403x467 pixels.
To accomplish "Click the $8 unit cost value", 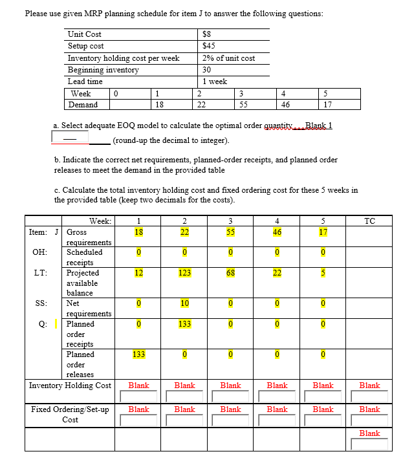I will [207, 34].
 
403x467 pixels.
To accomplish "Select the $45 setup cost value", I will [208, 46].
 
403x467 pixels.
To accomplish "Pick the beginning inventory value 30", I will [207, 70].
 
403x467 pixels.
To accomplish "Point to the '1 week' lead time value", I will [214, 81].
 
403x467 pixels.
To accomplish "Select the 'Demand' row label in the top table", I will [83, 105].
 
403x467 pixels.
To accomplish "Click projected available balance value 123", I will [184, 273].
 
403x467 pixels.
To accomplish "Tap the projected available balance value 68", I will [230, 273].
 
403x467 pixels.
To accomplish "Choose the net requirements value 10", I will [184, 303].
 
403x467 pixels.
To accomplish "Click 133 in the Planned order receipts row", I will [184, 323].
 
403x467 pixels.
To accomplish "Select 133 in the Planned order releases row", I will [138, 354].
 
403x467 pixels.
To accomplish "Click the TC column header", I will [369, 221].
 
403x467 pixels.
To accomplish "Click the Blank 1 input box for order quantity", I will [66, 138].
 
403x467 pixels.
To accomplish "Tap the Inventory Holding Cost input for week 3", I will [230, 395].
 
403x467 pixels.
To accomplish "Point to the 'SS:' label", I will [39, 303].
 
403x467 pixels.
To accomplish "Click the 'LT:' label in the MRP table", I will [39, 273].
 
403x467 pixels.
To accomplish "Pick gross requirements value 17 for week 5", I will [323, 232].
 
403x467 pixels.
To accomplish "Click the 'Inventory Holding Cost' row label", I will [70, 386].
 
